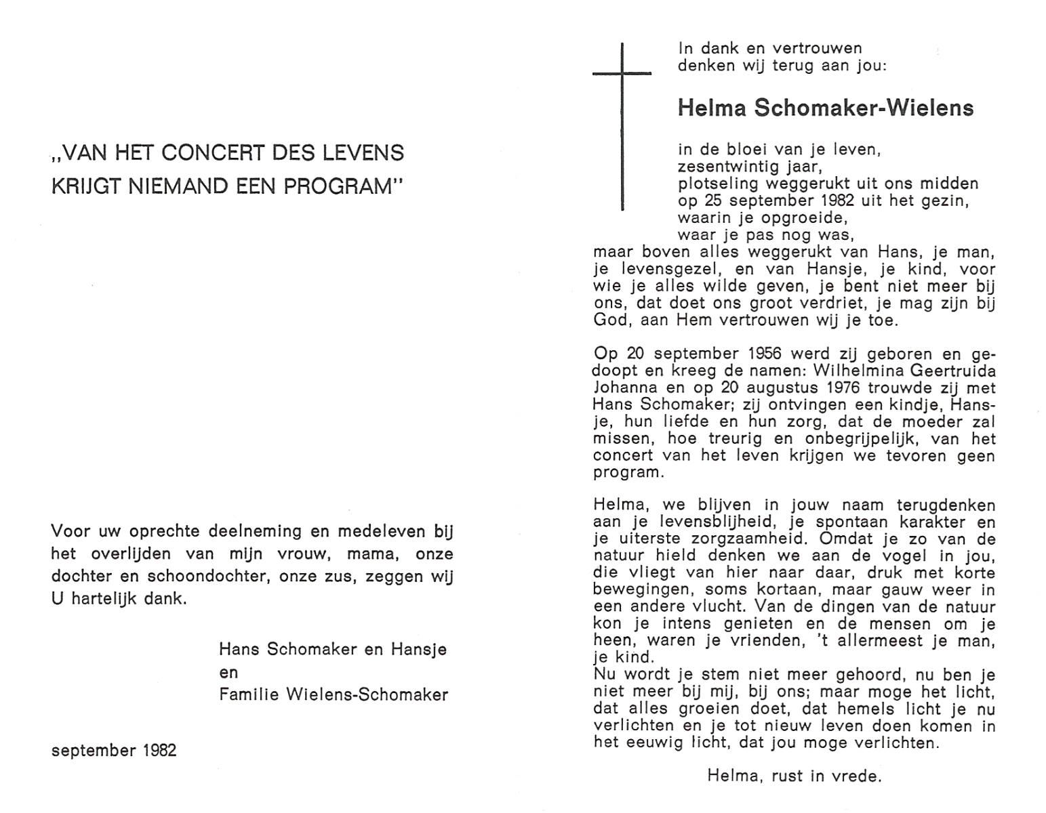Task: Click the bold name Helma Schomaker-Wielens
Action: click(825, 108)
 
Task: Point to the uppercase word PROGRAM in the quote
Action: click(338, 186)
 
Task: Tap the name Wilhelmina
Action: click(857, 371)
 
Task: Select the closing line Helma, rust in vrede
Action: click(794, 776)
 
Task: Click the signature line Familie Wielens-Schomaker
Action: click(334, 694)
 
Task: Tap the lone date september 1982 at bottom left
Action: click(114, 751)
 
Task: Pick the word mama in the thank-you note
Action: click(370, 554)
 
